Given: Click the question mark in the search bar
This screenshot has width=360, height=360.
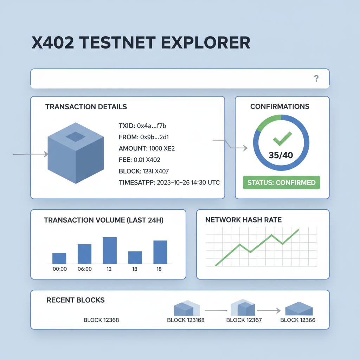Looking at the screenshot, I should point(316,79).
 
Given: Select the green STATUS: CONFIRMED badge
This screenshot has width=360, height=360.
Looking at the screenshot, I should point(282,183).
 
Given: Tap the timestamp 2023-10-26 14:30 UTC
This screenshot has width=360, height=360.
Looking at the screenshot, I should point(187,183).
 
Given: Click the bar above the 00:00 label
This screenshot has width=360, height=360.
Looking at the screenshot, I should point(59,258).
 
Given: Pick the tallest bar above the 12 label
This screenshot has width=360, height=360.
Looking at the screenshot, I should point(109,250).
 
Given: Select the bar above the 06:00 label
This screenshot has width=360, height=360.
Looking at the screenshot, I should point(84,254).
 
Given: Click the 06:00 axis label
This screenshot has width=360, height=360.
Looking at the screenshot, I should point(84,269).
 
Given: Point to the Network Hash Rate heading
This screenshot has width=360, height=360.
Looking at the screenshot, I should point(243,220).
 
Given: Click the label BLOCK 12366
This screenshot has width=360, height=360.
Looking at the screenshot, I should point(298,320).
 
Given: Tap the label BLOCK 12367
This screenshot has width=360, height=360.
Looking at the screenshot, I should point(244,320).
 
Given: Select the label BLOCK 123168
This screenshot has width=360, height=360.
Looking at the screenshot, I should point(186,320).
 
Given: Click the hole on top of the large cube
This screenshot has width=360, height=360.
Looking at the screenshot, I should point(76,136).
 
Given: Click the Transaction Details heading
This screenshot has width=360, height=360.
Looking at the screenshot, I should point(86,107).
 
